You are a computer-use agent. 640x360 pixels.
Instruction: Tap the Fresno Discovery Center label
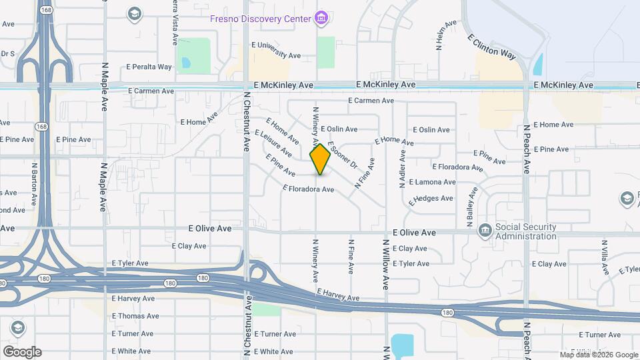tap(261, 19)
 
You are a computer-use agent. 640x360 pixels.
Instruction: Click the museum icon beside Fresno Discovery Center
tap(321, 17)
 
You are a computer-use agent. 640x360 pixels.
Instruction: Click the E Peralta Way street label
tap(149, 67)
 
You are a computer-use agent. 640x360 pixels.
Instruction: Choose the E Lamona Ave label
tap(432, 182)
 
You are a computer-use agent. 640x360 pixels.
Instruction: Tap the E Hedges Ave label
tap(431, 199)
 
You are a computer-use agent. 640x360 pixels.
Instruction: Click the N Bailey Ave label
tap(471, 206)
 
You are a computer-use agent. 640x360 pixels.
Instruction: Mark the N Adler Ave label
tap(402, 168)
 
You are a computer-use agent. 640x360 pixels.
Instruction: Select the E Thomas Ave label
tap(135, 316)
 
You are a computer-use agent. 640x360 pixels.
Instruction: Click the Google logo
tap(22, 352)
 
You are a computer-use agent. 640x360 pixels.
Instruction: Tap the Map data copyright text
tap(599, 355)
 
